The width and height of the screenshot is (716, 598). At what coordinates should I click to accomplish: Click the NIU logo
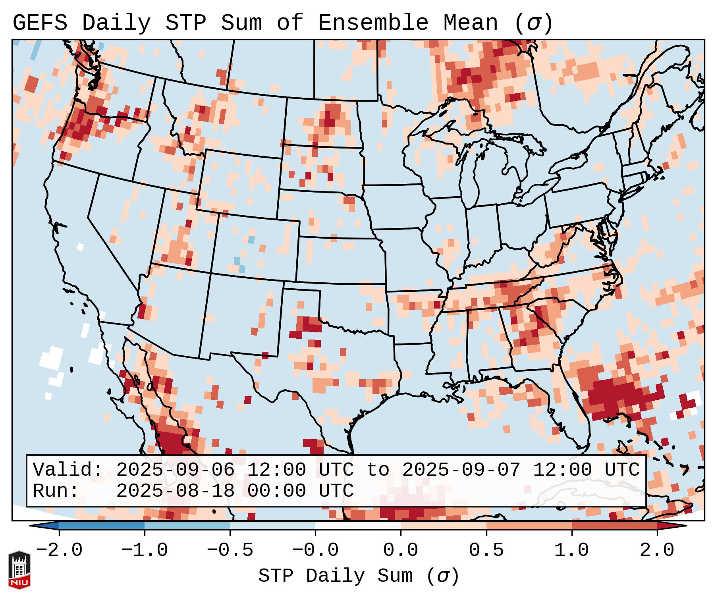coord(19,570)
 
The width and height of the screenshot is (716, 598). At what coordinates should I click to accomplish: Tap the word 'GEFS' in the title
coord(40,23)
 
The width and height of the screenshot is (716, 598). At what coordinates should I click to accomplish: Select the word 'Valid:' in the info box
coord(68,470)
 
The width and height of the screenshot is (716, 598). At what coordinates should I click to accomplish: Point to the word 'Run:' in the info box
coord(56,491)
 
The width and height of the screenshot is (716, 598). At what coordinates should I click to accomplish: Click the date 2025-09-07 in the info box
coord(461,470)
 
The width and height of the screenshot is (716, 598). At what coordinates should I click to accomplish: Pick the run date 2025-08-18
coord(175,491)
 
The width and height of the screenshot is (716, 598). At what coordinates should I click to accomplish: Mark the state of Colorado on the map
coord(254,246)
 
